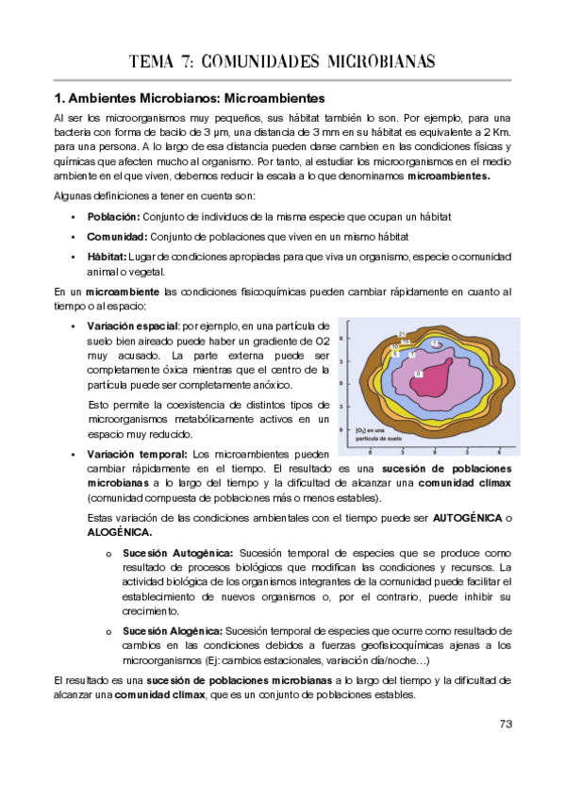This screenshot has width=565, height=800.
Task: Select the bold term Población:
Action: (112, 216)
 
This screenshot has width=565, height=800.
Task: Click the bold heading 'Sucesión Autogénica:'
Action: (175, 552)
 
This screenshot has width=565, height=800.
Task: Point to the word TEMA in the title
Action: (158, 63)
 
